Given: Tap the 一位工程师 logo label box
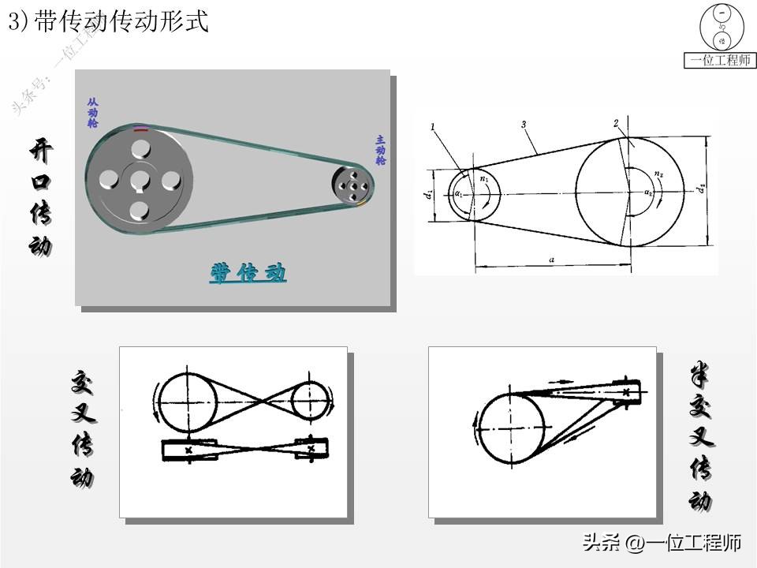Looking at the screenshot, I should click(720, 60).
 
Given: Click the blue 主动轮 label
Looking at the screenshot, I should click(380, 150).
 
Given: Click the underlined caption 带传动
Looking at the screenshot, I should click(248, 273).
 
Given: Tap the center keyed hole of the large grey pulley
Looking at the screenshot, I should click(140, 179).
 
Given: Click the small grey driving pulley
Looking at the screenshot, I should click(352, 185).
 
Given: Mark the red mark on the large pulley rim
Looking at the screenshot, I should click(140, 128).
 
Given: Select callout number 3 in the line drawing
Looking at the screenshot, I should click(523, 124).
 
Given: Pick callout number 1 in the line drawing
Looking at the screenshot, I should click(433, 126).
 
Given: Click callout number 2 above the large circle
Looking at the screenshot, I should click(615, 123).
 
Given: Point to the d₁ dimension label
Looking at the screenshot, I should click(427, 193).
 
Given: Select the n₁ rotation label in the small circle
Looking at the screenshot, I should click(485, 179).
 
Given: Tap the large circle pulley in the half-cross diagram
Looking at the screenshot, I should click(512, 430).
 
